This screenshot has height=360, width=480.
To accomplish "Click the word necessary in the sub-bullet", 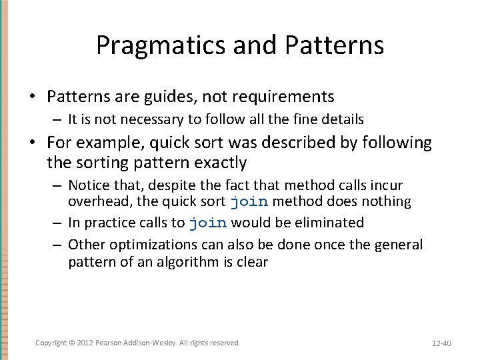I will [x=145, y=119].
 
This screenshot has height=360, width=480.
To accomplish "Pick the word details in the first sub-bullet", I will [x=341, y=119].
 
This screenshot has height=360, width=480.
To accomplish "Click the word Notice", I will [x=89, y=185].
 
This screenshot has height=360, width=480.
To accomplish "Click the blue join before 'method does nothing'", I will [x=249, y=201].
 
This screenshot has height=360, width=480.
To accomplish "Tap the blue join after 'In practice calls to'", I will [x=208, y=223].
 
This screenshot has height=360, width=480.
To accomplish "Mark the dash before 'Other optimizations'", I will [x=58, y=245].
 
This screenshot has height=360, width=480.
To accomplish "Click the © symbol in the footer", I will [x=72, y=343].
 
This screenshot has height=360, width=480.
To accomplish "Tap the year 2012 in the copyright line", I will [x=85, y=343].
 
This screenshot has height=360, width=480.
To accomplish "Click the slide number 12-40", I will [x=441, y=343].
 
